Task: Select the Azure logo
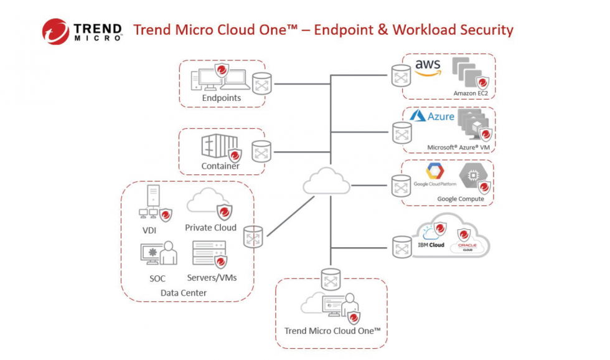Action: [432, 116]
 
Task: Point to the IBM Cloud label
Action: [431, 245]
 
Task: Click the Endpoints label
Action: [221, 98]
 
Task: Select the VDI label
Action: [150, 230]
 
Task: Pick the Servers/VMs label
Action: [212, 278]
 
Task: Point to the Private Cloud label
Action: [210, 228]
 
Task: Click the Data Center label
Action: [184, 293]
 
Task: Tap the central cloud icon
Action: [327, 182]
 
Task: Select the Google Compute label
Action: [460, 199]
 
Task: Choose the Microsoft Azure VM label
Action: [459, 148]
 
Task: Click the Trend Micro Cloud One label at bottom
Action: [332, 331]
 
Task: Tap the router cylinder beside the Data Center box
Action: [253, 237]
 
